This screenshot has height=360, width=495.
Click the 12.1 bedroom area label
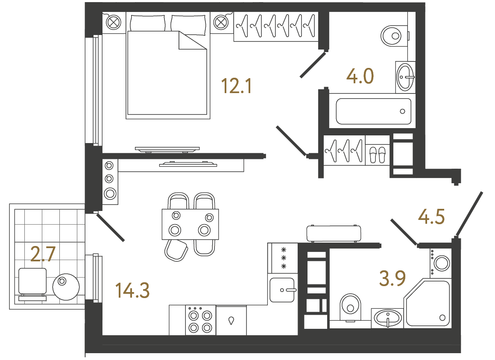237,87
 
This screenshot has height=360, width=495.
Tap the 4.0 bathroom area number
360,77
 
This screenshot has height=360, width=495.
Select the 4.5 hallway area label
431,217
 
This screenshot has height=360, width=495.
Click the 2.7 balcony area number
43,255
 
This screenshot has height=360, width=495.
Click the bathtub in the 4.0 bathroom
373,111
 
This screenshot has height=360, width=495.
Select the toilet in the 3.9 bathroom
350,306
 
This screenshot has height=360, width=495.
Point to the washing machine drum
442,263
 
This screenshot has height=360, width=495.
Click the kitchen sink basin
282,290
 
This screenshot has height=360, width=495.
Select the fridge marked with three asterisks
283,258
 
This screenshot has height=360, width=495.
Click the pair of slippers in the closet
377,154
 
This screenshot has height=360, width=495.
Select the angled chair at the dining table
176,250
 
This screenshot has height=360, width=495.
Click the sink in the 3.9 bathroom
387,317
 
